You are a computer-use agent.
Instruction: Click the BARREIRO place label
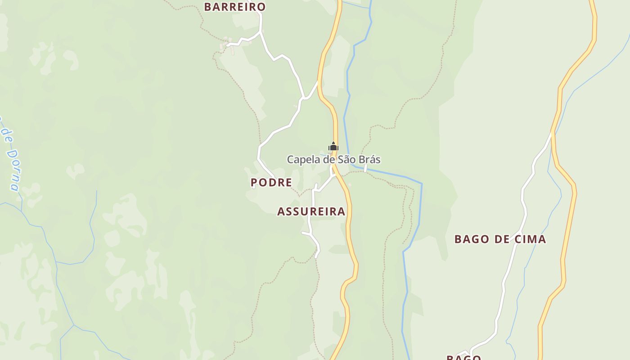click(235, 7)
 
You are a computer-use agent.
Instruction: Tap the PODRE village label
click(271, 182)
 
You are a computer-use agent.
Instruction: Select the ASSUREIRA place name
click(311, 211)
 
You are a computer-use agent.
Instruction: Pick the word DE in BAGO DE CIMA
click(501, 239)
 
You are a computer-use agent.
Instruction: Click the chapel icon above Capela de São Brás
click(333, 146)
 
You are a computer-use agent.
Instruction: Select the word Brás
click(370, 159)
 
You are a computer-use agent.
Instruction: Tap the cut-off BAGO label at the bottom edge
click(463, 357)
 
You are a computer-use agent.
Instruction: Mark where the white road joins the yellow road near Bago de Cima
click(552, 133)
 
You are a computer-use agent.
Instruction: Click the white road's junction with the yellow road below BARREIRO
click(318, 82)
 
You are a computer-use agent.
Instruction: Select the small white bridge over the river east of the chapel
click(365, 168)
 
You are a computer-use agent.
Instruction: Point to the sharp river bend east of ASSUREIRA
click(421, 184)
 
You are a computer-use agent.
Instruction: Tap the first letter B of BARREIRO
click(208, 7)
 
